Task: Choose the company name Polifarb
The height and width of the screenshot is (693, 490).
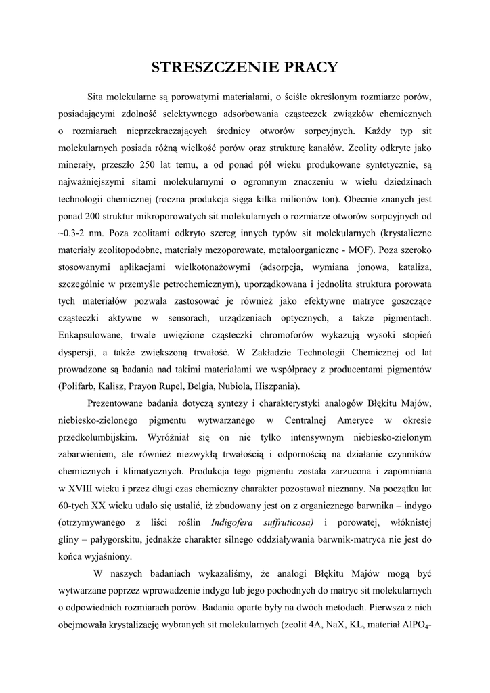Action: (81, 386)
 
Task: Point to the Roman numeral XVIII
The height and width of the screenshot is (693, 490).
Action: (82, 487)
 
